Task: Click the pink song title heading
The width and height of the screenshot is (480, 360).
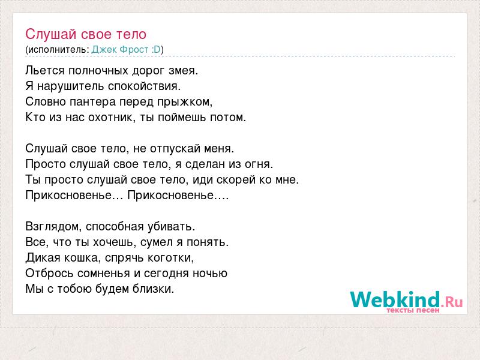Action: tap(86, 34)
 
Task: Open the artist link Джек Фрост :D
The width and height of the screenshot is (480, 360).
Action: tap(126, 50)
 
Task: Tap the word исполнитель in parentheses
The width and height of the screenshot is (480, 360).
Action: tap(57, 50)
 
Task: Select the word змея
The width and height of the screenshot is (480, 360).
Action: tap(183, 71)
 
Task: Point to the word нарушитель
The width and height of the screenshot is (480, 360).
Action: tap(71, 86)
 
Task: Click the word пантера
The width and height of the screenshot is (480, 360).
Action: tap(92, 102)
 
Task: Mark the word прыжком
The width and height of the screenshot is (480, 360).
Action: tap(185, 102)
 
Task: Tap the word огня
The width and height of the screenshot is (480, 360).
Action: tap(259, 164)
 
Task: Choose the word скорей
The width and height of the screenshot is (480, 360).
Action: tap(236, 180)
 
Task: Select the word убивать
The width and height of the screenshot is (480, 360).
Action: tap(171, 227)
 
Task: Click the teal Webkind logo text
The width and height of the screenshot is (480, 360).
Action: tap(395, 299)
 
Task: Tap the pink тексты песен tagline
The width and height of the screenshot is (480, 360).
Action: tap(413, 310)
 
